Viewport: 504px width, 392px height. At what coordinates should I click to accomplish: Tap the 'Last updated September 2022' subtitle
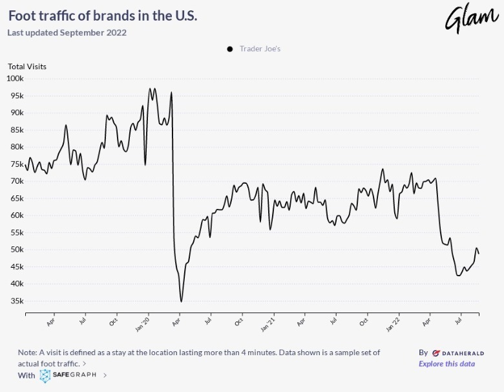coord(67,32)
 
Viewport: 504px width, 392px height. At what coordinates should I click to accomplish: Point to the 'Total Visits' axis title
coord(27,66)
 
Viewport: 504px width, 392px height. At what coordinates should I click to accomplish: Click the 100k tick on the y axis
coord(15,78)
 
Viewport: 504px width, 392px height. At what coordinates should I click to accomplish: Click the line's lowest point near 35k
coord(182,301)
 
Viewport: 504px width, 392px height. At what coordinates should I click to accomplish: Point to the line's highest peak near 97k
coord(150,89)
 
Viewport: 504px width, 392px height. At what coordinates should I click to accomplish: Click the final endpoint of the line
coord(479,254)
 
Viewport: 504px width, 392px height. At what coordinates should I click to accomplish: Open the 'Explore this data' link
coord(446,364)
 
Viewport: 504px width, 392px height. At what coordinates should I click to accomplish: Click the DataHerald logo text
coord(458,353)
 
